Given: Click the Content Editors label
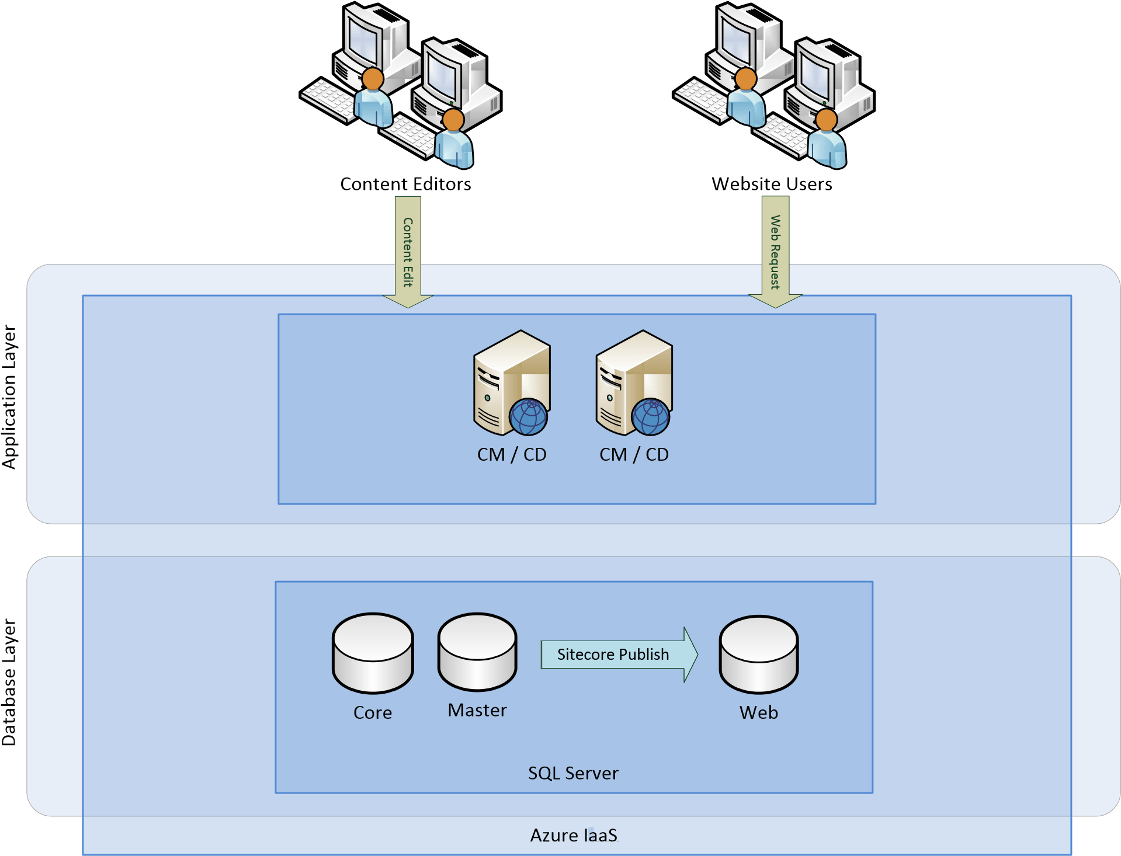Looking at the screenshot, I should [x=405, y=184].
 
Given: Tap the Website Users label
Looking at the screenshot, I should [x=771, y=184].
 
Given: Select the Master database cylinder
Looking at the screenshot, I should [x=477, y=652].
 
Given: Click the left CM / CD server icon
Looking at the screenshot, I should [x=511, y=382].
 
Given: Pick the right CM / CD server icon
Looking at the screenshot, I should [x=634, y=382].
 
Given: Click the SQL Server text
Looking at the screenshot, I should [x=573, y=773].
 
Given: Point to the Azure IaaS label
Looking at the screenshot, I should [x=574, y=836].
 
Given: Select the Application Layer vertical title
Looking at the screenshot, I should [x=10, y=397].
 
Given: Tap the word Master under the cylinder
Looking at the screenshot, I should [x=477, y=710].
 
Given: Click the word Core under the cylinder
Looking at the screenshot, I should [x=373, y=712].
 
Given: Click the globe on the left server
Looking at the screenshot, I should [x=528, y=417].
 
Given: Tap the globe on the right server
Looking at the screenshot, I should [x=651, y=417].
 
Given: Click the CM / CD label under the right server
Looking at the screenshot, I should [x=634, y=454].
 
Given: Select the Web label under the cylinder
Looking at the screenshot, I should [x=758, y=712].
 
